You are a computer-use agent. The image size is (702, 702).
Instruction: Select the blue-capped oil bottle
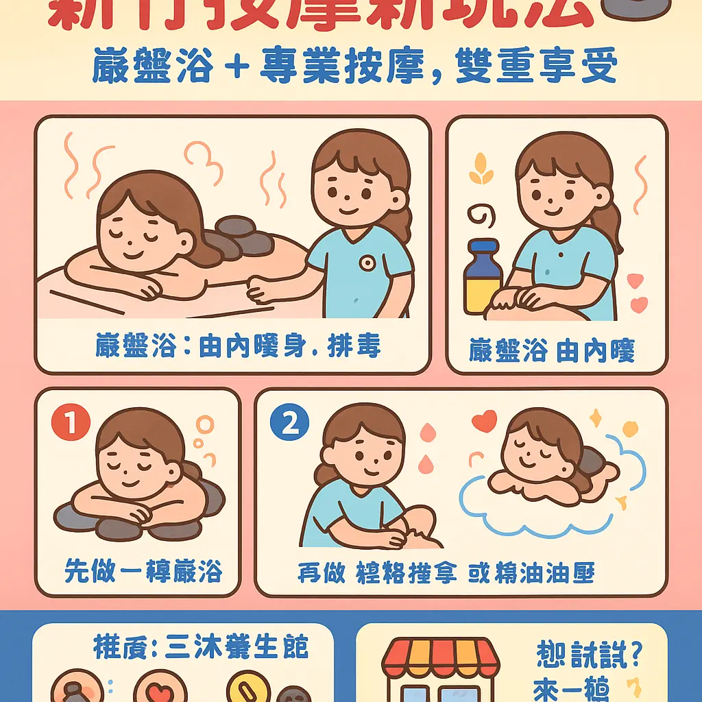[x=483, y=277]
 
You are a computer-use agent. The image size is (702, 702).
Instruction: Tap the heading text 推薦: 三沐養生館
[x=200, y=646]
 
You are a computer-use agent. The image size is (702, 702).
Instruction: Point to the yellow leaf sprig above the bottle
[x=481, y=171]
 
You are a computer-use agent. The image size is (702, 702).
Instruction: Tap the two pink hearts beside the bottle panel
[x=637, y=291]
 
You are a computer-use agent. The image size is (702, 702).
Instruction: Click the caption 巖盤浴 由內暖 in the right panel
[x=552, y=351]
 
